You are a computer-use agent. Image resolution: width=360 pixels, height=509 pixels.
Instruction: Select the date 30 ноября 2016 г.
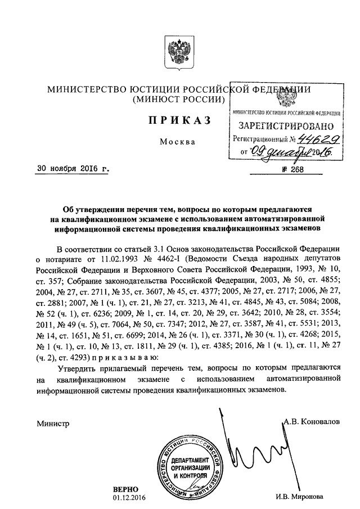pyautogui.click(x=70, y=168)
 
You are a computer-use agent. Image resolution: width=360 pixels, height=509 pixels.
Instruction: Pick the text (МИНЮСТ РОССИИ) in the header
pyautogui.click(x=178, y=100)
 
